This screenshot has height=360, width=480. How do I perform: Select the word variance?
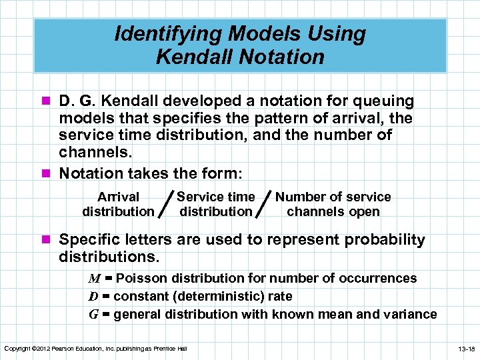coord(411,314)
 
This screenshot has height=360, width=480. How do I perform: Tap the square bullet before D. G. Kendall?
coord(47,101)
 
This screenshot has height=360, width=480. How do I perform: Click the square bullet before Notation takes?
coord(47,173)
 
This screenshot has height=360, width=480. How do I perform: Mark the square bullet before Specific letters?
coord(47,240)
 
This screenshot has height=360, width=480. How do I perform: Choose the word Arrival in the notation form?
coord(118,197)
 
